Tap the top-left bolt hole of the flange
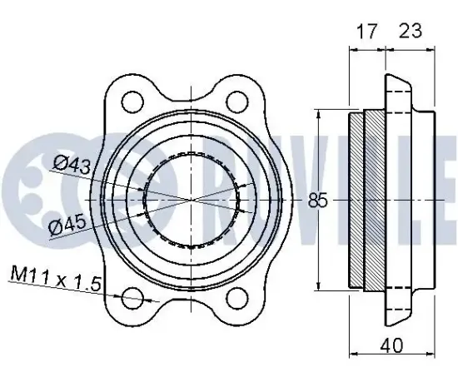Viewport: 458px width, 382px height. pos(132,103)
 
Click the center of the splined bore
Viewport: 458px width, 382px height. pos(194,201)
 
